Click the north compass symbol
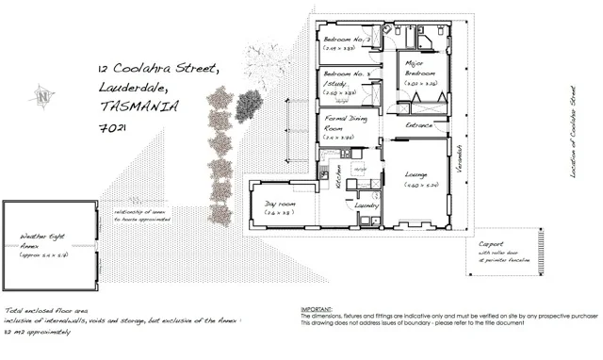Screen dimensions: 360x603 (x=43, y=94)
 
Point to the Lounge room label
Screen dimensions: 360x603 (x=417, y=175)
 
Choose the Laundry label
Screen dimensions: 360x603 (x=366, y=204)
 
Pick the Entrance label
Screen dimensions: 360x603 (x=418, y=124)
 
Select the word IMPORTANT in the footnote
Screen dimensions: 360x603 (x=318, y=309)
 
